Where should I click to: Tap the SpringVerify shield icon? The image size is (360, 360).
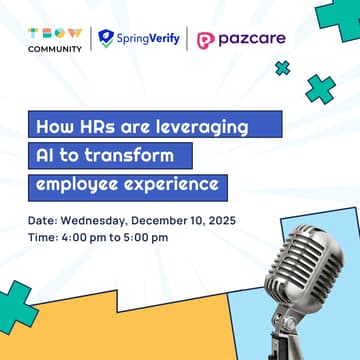click(x=107, y=39)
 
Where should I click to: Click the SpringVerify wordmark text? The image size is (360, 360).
click(x=147, y=39)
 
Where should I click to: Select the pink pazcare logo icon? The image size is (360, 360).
click(x=206, y=40)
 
